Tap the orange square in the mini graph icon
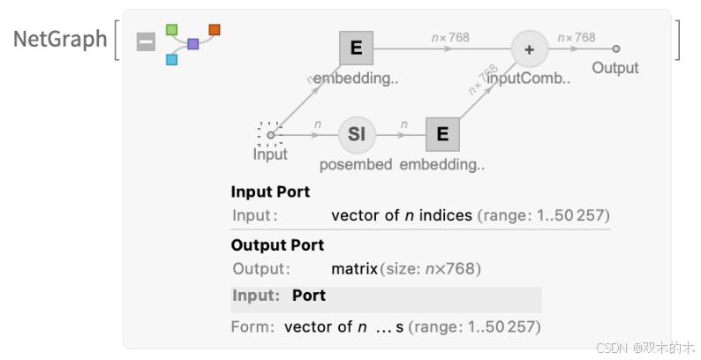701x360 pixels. (x=215, y=30)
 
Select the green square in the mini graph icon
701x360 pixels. (x=172, y=30)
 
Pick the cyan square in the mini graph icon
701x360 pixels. (x=172, y=59)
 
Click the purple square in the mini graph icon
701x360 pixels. (x=193, y=44)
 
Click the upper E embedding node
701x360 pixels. (x=357, y=49)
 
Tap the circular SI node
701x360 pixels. (x=357, y=134)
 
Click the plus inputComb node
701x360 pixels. (x=529, y=49)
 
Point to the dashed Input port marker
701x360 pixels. (x=270, y=134)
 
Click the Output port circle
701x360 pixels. (x=616, y=49)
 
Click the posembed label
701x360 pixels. (x=356, y=164)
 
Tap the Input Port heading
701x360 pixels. (x=270, y=191)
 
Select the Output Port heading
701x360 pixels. (x=277, y=245)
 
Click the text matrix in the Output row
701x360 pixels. (x=354, y=268)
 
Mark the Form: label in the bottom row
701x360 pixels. (x=253, y=326)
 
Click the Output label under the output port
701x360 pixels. (x=615, y=68)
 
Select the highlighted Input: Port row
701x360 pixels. (x=386, y=296)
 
